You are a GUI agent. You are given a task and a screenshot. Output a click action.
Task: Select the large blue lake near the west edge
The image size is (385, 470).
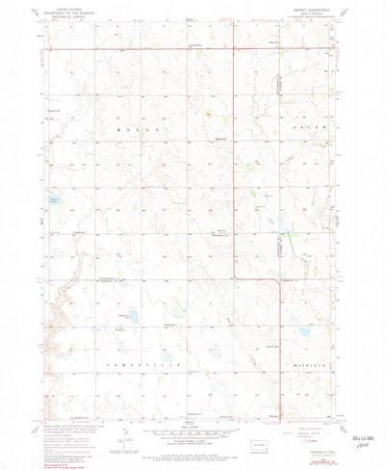55,202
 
